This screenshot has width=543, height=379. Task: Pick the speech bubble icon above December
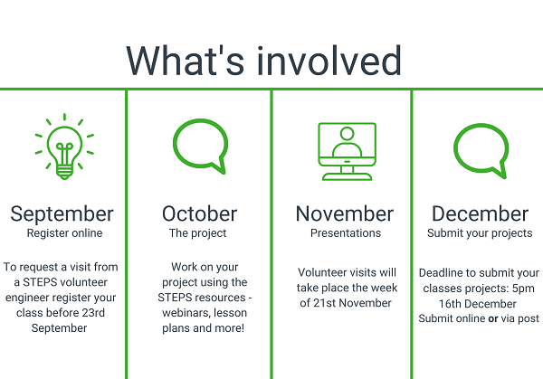pos(456,149)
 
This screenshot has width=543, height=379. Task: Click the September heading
pos(62,214)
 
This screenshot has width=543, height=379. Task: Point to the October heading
pos(199,213)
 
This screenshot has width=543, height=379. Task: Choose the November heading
pos(345,213)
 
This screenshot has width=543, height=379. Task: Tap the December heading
pos(480,213)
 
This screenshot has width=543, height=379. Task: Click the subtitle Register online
pos(65,233)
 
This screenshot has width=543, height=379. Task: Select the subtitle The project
pos(197,233)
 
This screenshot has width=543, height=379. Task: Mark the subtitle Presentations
pos(346,233)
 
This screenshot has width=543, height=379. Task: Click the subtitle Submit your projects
pos(480,233)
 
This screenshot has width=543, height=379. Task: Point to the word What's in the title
pos(186,61)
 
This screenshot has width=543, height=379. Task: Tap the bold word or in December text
pos(493,318)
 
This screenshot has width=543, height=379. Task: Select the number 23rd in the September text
pos(93,313)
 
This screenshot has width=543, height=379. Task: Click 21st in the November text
pos(325,303)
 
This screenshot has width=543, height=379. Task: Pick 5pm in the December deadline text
pos(523,289)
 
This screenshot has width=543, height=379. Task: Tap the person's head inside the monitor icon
pos(347,134)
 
